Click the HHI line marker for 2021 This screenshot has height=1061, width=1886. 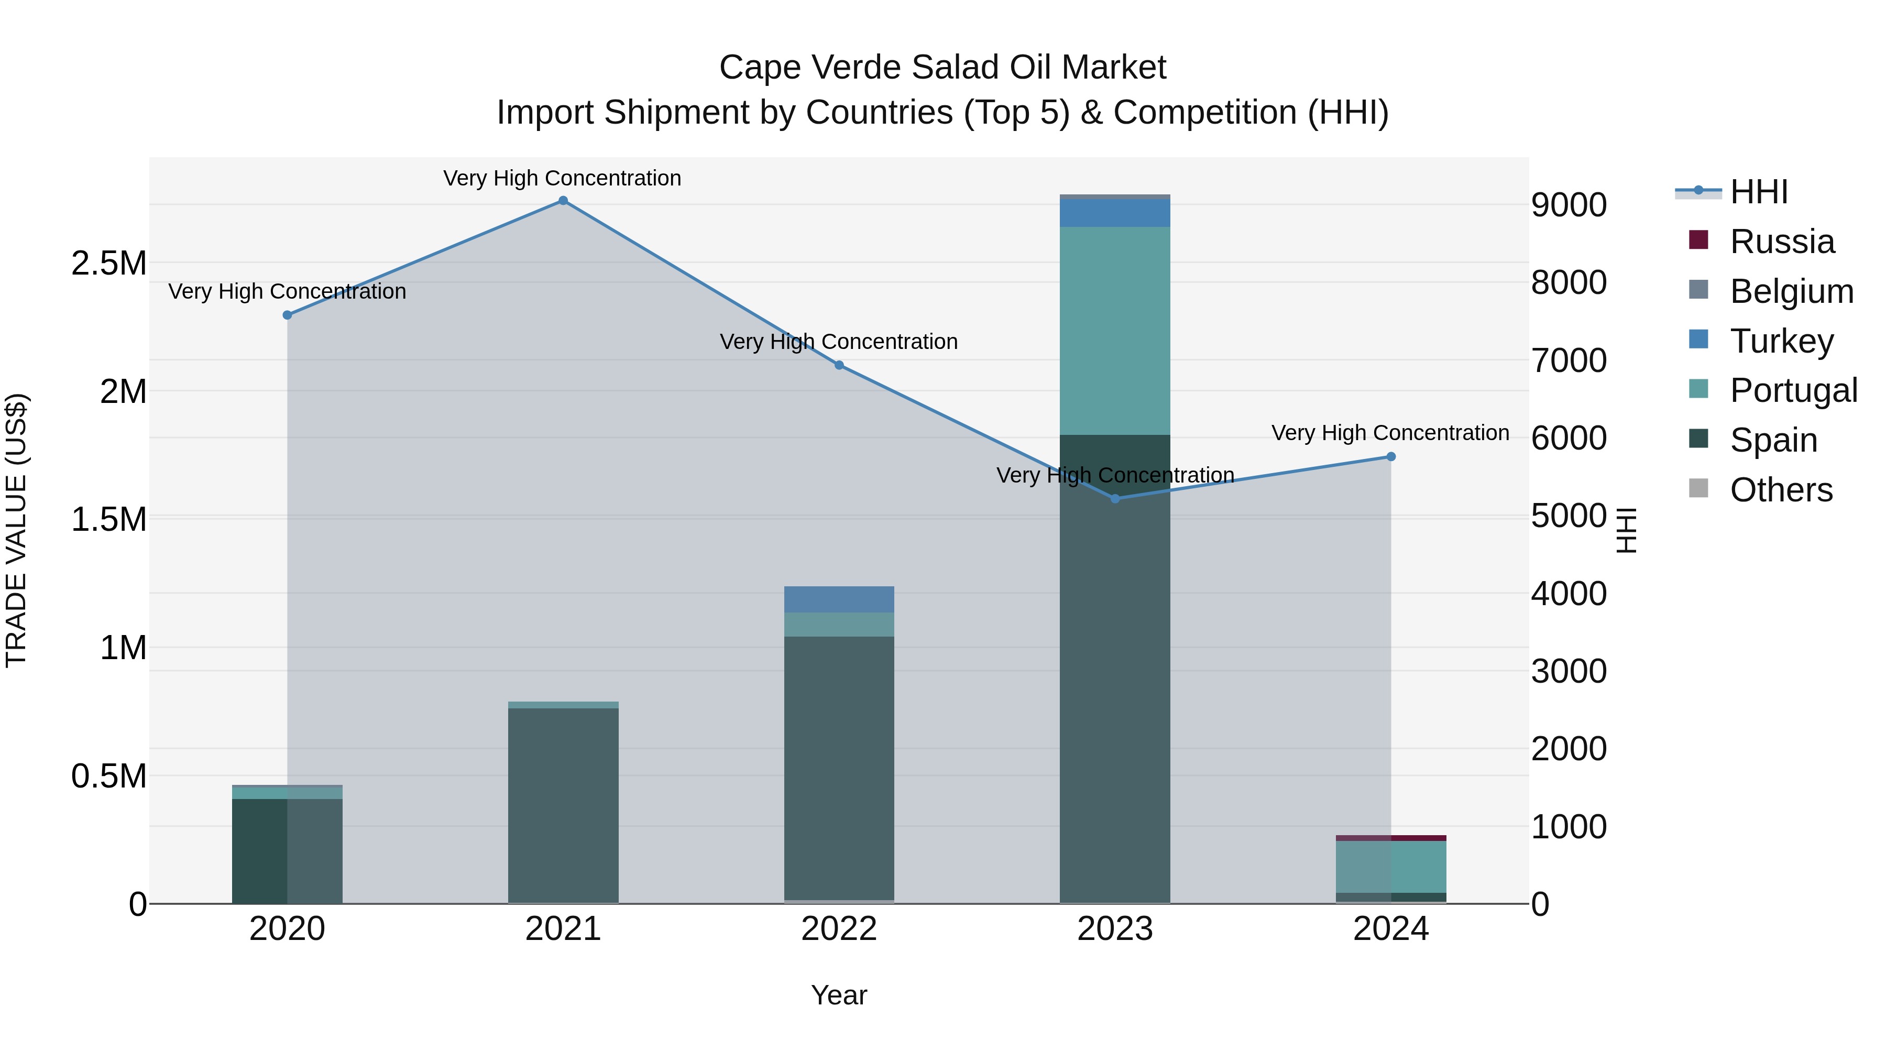coord(563,201)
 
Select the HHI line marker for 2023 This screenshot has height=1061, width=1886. coord(1115,499)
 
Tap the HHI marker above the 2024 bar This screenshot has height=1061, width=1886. coord(1391,457)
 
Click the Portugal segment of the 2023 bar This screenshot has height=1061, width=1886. coord(1115,331)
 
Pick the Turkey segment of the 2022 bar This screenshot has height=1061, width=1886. coord(839,599)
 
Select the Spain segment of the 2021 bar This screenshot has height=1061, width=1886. coord(563,805)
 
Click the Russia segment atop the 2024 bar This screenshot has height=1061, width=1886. coord(1391,838)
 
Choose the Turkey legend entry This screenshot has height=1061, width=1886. coord(1781,341)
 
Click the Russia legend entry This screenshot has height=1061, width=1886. coord(1781,242)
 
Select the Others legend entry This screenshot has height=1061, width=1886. coord(1781,490)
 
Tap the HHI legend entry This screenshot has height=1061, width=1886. coord(1757,192)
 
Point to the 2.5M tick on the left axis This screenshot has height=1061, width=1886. coord(108,263)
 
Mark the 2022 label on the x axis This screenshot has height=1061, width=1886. coord(839,929)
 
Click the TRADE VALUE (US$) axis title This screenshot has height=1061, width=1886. coord(16,530)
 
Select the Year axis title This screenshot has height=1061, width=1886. coord(839,995)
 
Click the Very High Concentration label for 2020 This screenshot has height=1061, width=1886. coord(287,291)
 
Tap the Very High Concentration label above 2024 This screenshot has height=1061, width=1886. coord(1389,433)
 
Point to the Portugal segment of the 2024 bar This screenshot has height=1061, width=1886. coord(1391,867)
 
